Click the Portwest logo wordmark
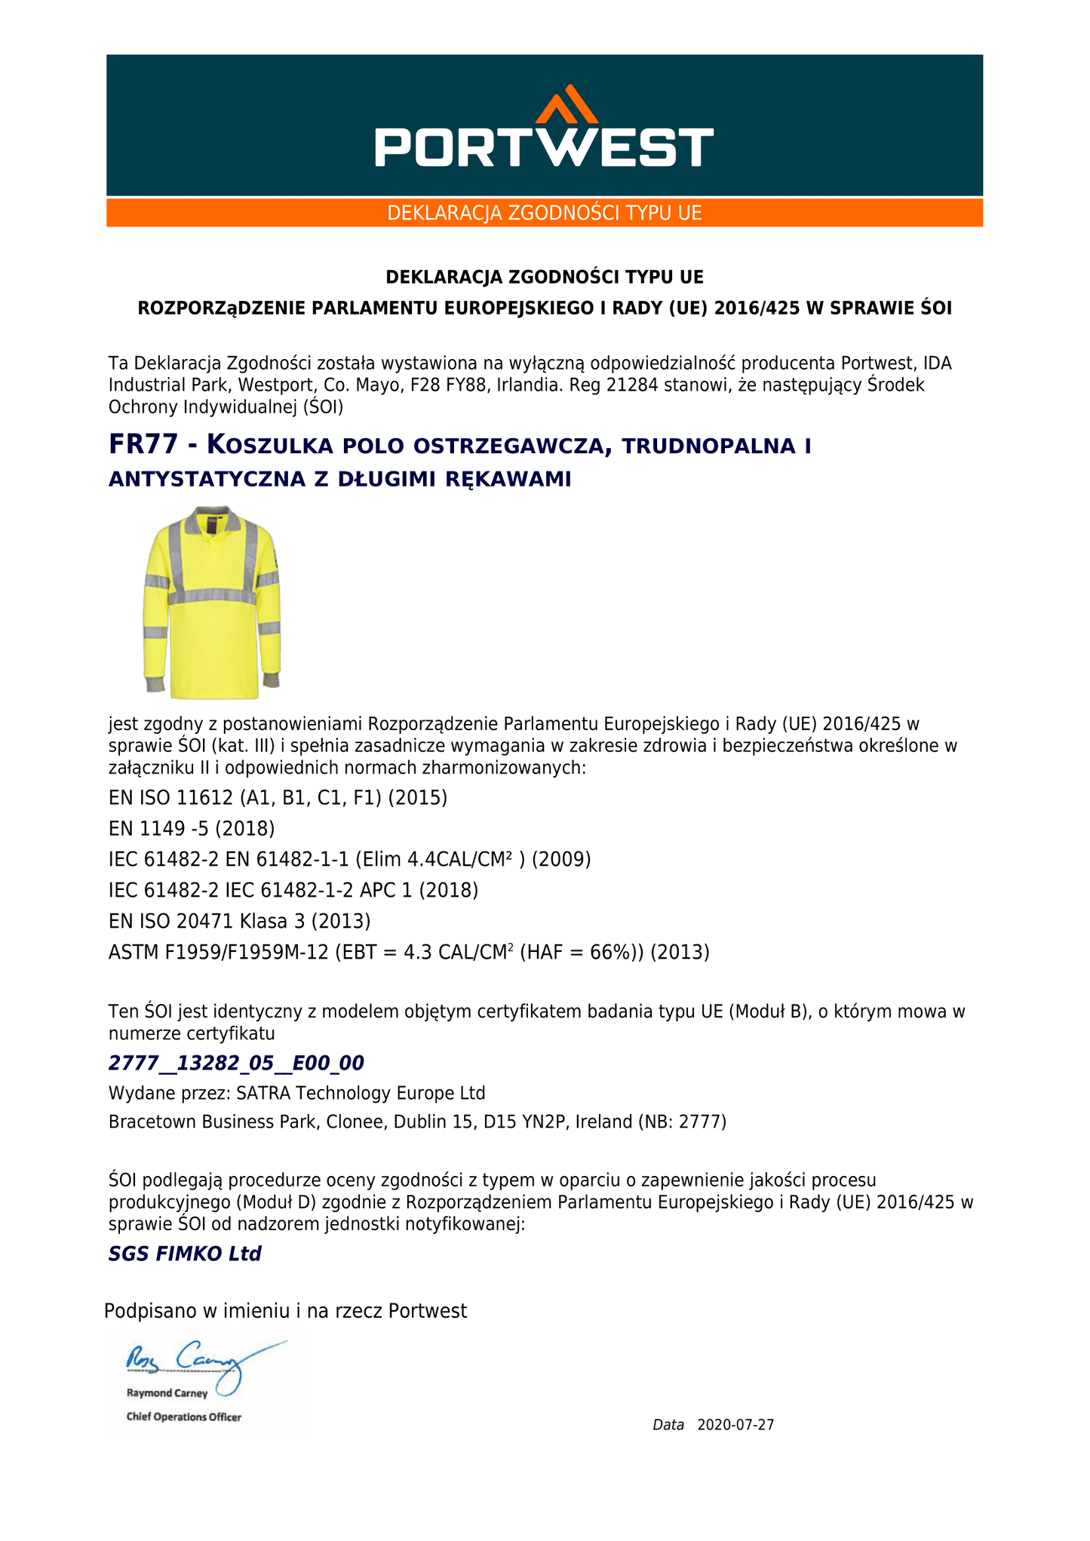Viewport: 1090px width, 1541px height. click(544, 147)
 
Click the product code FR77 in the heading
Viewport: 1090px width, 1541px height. click(143, 445)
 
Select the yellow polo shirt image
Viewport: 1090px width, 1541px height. click(212, 602)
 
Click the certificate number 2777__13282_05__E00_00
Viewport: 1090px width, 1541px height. click(236, 1064)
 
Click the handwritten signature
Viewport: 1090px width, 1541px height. click(204, 1361)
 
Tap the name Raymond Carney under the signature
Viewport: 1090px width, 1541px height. click(167, 1393)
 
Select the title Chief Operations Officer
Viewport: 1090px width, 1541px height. click(183, 1417)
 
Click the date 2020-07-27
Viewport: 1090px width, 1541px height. click(735, 1425)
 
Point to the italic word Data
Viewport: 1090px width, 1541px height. click(668, 1425)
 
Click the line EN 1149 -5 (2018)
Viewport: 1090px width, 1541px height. click(192, 829)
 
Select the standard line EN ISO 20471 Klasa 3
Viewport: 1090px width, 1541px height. click(239, 921)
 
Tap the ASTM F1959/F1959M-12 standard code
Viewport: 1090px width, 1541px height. click(219, 953)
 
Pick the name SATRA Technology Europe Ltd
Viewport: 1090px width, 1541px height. click(361, 1093)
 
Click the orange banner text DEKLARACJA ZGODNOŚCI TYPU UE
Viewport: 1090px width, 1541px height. click(544, 213)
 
